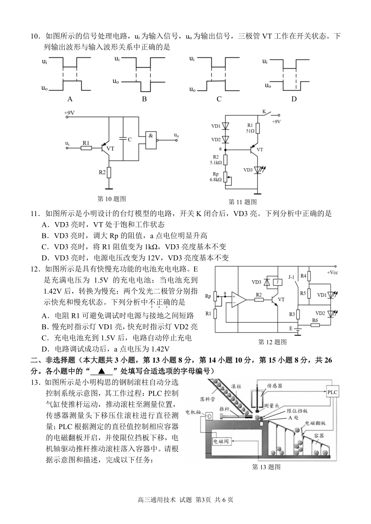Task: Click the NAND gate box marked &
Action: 151,140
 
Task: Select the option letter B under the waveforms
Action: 145,99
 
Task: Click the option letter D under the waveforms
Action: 294,99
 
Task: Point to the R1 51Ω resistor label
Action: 250,128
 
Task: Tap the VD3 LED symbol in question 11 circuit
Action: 258,169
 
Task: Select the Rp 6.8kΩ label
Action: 215,177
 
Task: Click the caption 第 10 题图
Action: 112,199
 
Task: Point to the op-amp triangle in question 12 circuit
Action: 239,299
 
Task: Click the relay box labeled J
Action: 278,282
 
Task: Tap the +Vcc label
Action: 332,273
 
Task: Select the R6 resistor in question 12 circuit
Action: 315,325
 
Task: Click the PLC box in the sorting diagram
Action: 332,392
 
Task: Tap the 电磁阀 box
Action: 220,442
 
